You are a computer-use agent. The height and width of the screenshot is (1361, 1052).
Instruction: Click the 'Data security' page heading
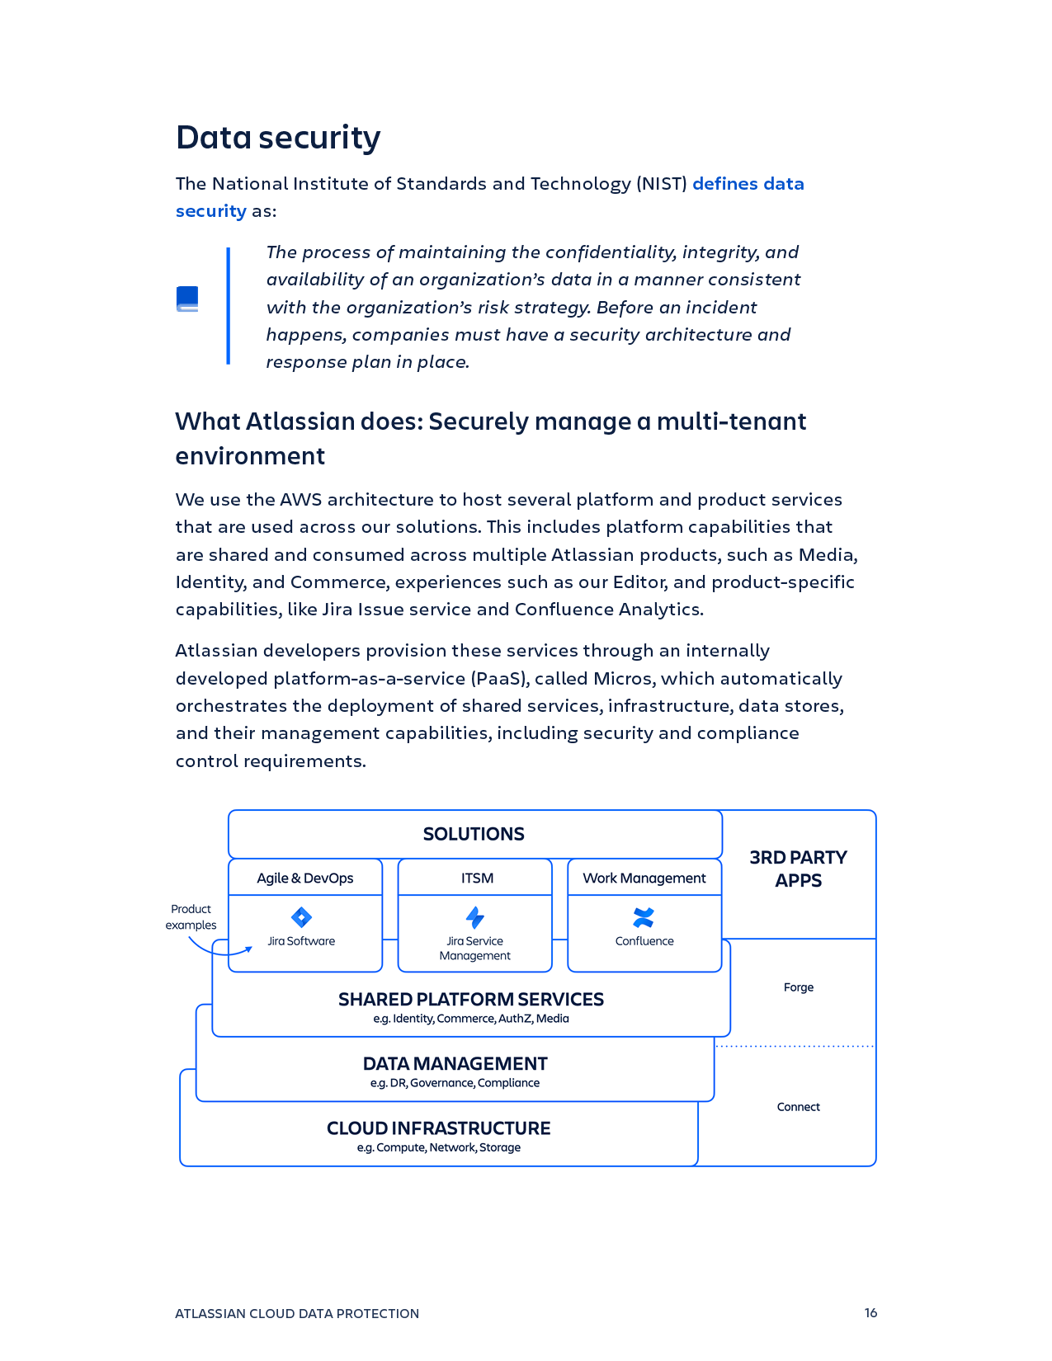tap(278, 138)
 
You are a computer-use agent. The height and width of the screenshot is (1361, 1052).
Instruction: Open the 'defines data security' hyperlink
tap(748, 184)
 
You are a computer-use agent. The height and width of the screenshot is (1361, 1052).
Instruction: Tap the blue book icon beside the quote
tap(187, 299)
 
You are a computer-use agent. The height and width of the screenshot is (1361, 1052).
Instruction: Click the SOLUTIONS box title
tap(474, 834)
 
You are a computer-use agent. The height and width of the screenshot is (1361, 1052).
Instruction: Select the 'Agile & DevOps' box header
tap(304, 878)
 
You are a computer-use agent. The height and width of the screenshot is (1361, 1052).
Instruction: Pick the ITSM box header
tap(477, 878)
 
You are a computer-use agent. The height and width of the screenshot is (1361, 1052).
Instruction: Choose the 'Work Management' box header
tap(644, 878)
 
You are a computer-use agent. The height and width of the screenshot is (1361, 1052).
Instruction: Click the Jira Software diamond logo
tap(301, 917)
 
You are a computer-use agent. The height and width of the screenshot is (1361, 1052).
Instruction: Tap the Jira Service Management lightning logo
tap(475, 917)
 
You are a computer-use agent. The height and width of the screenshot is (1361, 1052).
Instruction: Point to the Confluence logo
tap(644, 917)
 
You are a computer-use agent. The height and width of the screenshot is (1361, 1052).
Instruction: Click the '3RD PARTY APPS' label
tap(798, 869)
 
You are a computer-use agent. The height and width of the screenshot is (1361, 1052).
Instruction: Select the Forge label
tap(798, 987)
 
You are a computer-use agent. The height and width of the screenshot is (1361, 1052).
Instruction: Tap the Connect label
tap(798, 1107)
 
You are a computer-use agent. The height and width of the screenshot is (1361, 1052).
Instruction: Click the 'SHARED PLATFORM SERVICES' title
tap(470, 1000)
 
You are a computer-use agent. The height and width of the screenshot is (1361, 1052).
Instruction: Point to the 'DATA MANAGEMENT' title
tap(455, 1064)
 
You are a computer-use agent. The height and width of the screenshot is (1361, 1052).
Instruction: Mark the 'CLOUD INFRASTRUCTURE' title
tap(438, 1128)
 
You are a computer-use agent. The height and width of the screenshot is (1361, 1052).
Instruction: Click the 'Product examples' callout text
tap(191, 917)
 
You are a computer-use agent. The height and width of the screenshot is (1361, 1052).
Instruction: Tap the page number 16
tap(870, 1313)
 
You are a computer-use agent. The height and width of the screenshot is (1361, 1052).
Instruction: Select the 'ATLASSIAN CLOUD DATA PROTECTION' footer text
tap(297, 1314)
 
